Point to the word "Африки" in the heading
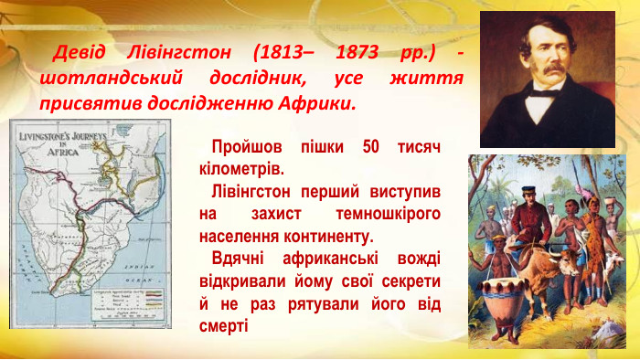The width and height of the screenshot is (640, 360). tap(316, 102)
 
